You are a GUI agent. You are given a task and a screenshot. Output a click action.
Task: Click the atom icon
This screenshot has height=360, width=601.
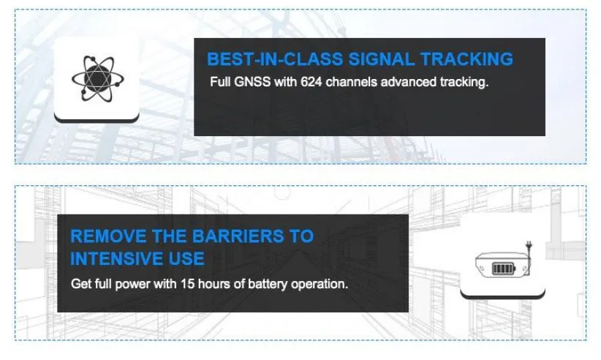(98, 78)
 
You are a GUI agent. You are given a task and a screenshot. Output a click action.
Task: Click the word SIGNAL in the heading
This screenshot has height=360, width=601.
(382, 59)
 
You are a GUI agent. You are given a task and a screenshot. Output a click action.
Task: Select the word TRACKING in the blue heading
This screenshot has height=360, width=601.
(466, 59)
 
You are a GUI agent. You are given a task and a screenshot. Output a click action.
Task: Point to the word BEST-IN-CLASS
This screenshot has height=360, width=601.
(275, 59)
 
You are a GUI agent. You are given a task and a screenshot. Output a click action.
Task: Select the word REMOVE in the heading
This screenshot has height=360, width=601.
(108, 236)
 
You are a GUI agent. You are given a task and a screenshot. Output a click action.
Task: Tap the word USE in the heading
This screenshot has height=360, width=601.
(186, 259)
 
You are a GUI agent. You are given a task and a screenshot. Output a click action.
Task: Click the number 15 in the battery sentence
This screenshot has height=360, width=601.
(188, 284)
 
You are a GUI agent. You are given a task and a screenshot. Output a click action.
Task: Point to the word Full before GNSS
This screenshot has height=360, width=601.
(220, 82)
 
